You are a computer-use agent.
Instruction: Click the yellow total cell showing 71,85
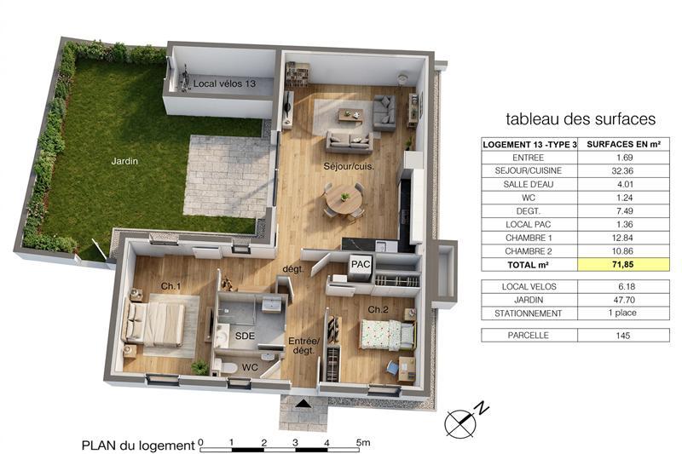623,265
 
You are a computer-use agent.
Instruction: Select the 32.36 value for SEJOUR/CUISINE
622,170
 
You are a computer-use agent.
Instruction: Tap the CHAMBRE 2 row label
529,251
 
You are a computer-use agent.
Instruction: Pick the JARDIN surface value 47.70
624,300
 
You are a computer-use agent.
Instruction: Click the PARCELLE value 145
623,336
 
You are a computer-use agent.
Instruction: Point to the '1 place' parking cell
622,313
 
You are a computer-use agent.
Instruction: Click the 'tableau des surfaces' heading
581,119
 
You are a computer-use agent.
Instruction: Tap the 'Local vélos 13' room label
224,83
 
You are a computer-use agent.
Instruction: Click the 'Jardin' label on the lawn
124,161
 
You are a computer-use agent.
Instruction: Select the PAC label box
361,264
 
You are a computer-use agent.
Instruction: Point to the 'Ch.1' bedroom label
170,286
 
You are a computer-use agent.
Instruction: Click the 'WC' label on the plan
250,368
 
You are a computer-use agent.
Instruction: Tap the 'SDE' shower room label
245,336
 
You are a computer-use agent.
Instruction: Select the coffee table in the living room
350,115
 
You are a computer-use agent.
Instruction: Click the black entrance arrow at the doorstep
303,404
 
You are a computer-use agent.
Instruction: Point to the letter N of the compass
482,408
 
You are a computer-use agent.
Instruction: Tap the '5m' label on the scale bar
363,443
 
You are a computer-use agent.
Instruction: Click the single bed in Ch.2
387,335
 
